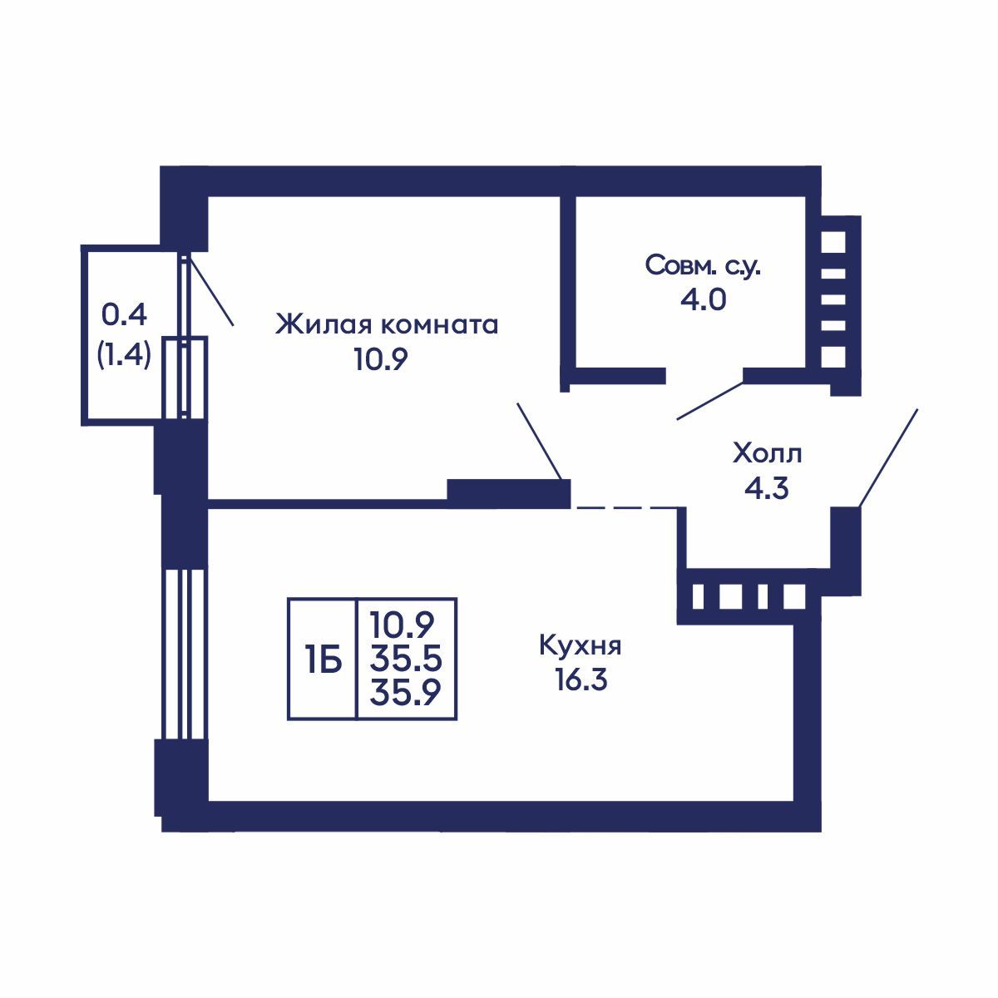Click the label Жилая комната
(x=387, y=324)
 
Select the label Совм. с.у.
(x=703, y=266)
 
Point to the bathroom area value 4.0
(x=703, y=299)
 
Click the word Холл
(x=767, y=454)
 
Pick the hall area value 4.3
(x=767, y=489)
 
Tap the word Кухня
(x=581, y=645)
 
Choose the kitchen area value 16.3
(x=581, y=681)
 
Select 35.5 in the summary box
(x=406, y=660)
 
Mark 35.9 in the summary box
(x=406, y=692)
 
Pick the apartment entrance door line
(x=888, y=457)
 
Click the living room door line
(x=540, y=442)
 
